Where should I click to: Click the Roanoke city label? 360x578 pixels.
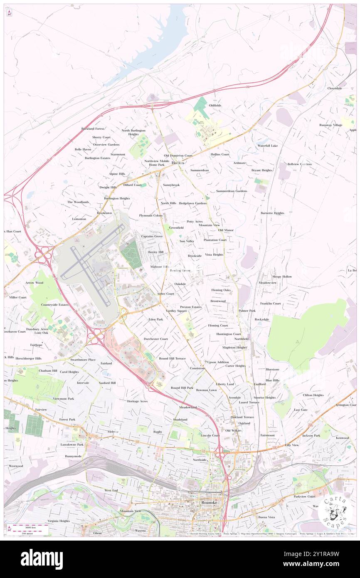[x=209, y=502]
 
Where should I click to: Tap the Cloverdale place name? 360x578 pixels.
[x=334, y=88]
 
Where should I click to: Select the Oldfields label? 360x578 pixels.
[x=215, y=105]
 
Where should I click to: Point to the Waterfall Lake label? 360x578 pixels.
[x=267, y=146]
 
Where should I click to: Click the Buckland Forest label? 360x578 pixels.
[x=93, y=128]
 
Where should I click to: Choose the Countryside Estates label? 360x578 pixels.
[x=52, y=304]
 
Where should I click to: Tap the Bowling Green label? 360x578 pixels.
[x=180, y=270]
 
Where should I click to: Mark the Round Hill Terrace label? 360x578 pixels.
[x=172, y=358]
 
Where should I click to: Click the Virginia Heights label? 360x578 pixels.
[x=59, y=521]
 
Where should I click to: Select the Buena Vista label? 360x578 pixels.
[x=266, y=517]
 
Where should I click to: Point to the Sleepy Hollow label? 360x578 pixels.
[x=282, y=276]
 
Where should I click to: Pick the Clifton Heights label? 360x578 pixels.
[x=313, y=395]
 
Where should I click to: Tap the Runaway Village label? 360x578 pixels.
[x=330, y=125]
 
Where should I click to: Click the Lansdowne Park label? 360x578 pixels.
[x=72, y=444]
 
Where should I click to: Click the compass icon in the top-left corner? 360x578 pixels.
[x=9, y=13]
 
